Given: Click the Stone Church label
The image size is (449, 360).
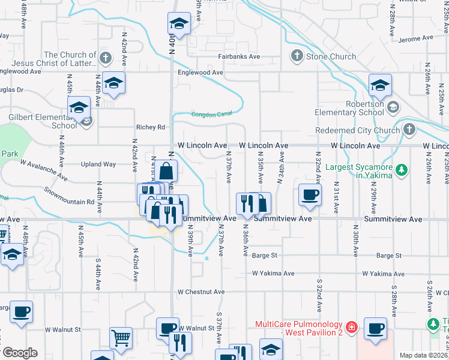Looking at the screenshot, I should (x=331, y=57).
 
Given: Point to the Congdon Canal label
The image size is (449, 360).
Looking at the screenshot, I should (x=211, y=115).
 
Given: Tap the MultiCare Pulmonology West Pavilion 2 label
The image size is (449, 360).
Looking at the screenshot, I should (x=298, y=328).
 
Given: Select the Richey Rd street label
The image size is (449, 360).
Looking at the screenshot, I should (x=150, y=127).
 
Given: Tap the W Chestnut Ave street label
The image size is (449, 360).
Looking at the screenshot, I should (x=200, y=292).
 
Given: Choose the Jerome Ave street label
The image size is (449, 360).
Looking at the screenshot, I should (x=415, y=38).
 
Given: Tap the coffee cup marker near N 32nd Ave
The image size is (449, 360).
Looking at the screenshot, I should (x=310, y=195).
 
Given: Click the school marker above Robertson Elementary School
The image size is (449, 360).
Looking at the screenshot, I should (x=380, y=86).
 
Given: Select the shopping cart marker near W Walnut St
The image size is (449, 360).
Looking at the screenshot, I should (x=121, y=338).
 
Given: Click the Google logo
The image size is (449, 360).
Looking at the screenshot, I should (x=19, y=353).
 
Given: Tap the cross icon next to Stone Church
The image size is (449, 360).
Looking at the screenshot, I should (x=297, y=57).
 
